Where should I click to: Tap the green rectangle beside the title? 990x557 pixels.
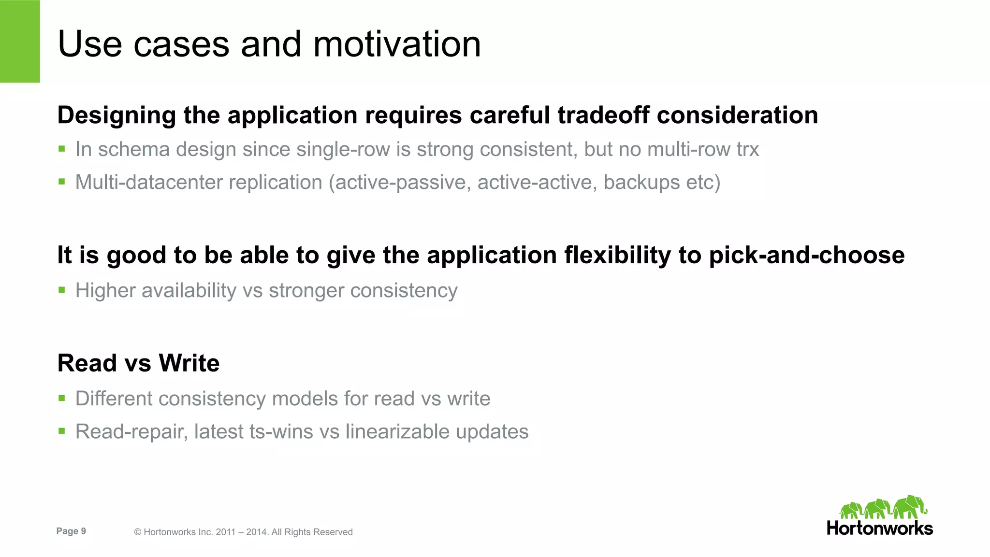coord(20,41)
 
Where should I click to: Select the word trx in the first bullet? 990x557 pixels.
coord(747,149)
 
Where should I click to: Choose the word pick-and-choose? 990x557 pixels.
coord(806,255)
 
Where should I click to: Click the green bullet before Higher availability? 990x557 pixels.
coord(62,290)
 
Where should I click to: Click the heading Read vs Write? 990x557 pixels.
coord(138,363)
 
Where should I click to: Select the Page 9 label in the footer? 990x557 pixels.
coord(71,531)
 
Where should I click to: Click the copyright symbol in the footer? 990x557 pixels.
coord(137,532)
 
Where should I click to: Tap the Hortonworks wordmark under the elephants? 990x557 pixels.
coord(879,528)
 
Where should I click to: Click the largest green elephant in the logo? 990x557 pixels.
coord(910,507)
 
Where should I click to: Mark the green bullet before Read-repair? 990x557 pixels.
coord(62,431)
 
